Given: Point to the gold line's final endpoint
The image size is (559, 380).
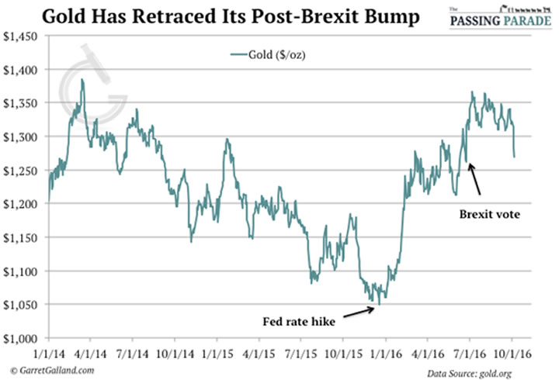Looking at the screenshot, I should click(x=515, y=157).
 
